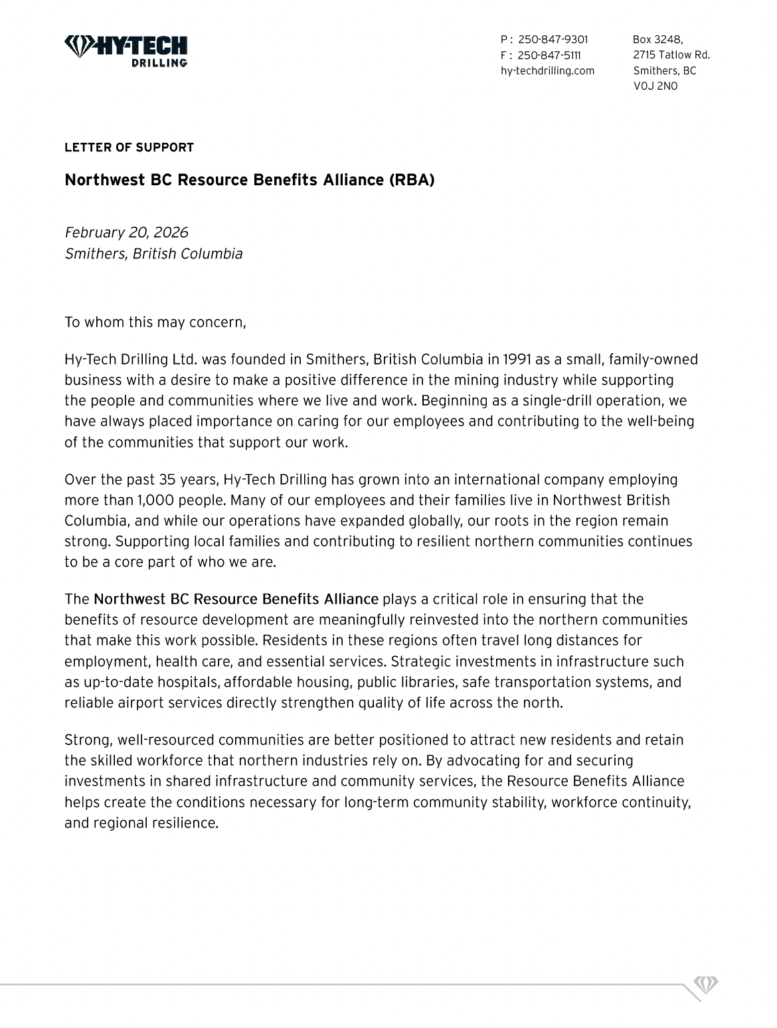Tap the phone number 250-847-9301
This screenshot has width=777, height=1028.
(553, 40)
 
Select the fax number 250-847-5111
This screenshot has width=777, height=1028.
(549, 55)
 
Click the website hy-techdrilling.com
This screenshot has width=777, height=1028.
(547, 70)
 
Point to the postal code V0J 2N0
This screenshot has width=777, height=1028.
(655, 86)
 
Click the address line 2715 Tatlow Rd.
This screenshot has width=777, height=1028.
(671, 55)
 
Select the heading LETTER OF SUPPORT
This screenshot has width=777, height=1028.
(129, 147)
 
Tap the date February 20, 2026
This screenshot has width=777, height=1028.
(126, 232)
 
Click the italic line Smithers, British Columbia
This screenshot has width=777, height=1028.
(153, 254)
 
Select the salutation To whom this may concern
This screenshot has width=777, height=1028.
(155, 323)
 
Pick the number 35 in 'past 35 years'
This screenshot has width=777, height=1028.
(166, 479)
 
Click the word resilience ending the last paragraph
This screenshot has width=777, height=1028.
(187, 823)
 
